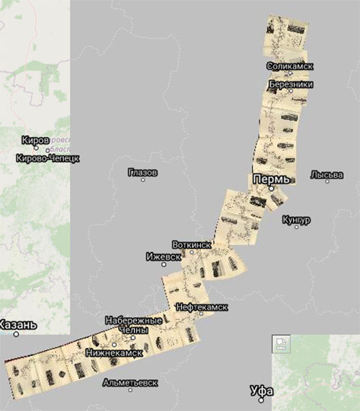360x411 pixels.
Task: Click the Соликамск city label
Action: pos(290,66)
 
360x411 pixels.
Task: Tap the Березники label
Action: pos(290,84)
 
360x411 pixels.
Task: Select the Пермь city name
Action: pos(271,178)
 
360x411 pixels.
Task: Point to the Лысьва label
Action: pos(327,175)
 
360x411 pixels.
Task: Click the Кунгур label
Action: pos(296,219)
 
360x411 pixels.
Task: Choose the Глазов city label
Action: pos(143,173)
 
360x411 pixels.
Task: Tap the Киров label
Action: pos(36,141)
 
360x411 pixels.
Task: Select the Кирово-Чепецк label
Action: pos(47,158)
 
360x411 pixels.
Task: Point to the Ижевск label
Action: pos(163,256)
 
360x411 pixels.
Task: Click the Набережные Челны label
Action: pos(134,325)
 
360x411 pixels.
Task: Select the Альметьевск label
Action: pos(133,381)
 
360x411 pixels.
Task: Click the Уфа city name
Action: pos(261,391)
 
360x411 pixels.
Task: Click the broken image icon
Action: pos(279,344)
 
